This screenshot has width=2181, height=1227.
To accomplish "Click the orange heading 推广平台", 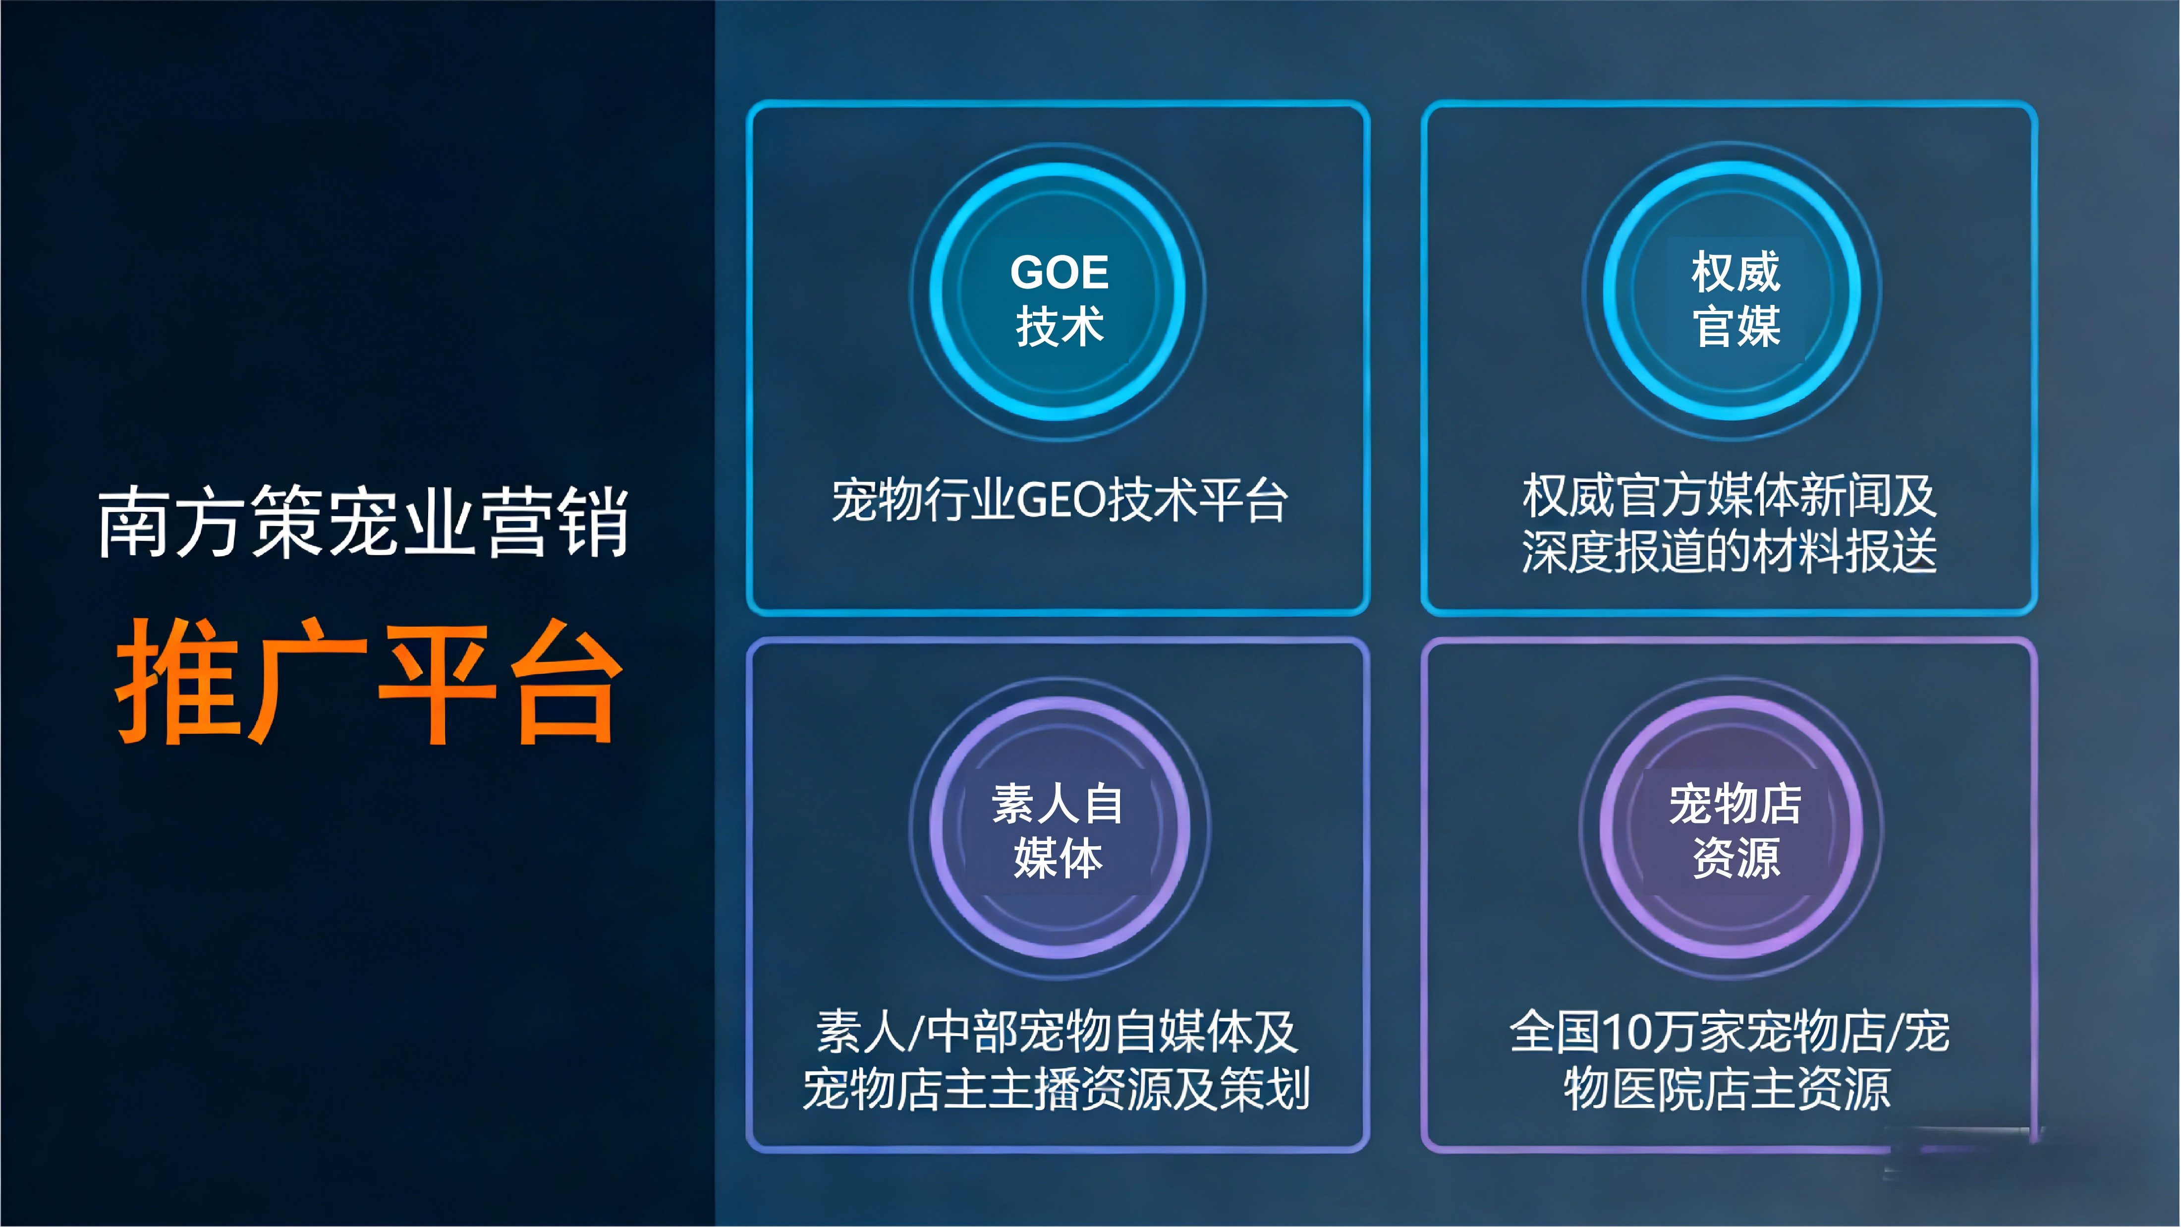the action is click(369, 682).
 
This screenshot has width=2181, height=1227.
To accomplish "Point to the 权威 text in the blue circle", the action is click(1735, 272).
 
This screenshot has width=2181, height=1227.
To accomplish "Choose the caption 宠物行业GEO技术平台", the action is click(1059, 500).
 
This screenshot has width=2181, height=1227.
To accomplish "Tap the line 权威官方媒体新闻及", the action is click(1729, 495).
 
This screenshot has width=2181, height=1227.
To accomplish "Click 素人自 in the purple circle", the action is click(1059, 804).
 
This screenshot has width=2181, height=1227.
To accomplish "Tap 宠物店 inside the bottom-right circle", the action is click(1735, 804).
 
